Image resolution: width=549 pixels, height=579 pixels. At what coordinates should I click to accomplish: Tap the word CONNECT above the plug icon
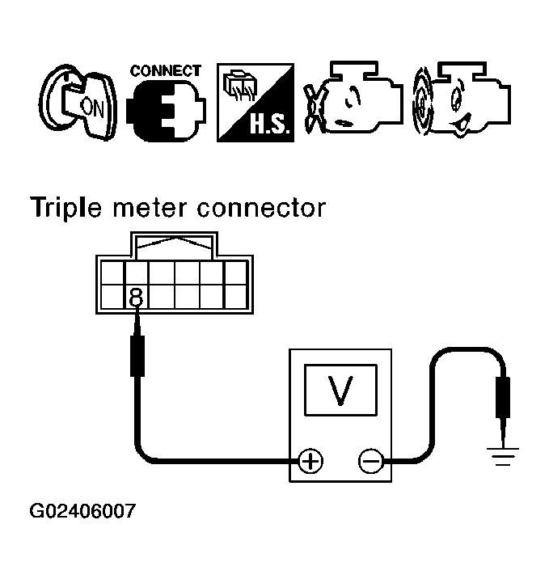(x=166, y=71)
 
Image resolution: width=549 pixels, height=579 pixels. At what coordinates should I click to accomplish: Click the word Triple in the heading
(x=67, y=208)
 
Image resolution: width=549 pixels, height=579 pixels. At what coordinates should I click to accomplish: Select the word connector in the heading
(x=261, y=208)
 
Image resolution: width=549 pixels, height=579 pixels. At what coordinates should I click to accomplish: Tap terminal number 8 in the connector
(x=135, y=298)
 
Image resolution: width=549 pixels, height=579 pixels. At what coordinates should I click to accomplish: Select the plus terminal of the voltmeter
(x=310, y=461)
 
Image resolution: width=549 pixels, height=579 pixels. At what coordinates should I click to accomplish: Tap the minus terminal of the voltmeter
(x=370, y=461)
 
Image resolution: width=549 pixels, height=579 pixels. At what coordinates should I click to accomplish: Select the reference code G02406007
(x=82, y=512)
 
